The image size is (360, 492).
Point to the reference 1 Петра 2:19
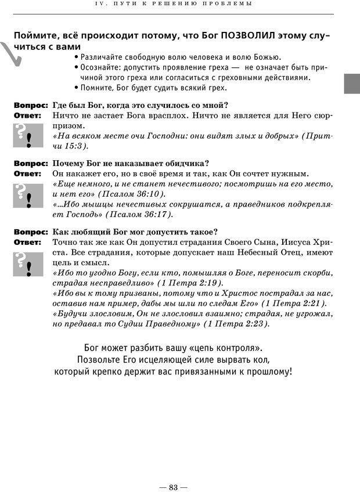pyautogui.click(x=189, y=283)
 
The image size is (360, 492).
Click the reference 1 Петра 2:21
pyautogui.click(x=293, y=303)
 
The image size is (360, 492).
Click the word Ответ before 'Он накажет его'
pyautogui.click(x=27, y=173)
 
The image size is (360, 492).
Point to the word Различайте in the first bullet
pyautogui.click(x=104, y=57)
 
